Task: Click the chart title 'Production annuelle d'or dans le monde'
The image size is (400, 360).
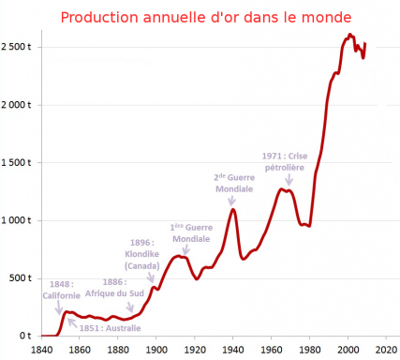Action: point(206,18)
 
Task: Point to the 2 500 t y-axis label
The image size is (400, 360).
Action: point(16,47)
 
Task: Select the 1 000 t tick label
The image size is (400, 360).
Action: point(16,220)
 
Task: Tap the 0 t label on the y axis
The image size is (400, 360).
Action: point(25,336)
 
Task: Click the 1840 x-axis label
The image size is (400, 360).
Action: point(41,350)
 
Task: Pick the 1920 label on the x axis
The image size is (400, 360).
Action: point(195,350)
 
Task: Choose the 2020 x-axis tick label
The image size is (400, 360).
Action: point(387,350)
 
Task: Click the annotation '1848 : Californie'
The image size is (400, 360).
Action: point(62,290)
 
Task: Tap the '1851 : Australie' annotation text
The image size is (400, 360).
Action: point(110,328)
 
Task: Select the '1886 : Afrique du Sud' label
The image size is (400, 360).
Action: point(114,288)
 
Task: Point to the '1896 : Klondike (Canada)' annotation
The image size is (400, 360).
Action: point(142,254)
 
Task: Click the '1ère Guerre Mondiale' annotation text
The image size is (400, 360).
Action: point(191,233)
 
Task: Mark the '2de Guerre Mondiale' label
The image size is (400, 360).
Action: point(234,183)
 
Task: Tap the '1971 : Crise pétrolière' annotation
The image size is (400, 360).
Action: point(285,161)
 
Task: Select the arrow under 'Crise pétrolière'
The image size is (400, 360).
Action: point(289,180)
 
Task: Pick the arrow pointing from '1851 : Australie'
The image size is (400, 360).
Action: point(72,322)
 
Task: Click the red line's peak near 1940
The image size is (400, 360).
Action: point(233,209)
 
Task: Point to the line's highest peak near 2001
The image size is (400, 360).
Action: point(349,34)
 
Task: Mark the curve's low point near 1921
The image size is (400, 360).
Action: point(197,278)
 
